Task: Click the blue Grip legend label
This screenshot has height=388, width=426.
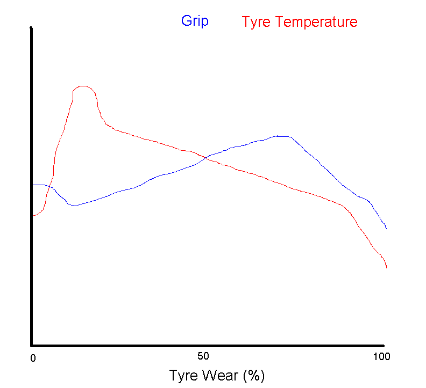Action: (x=195, y=21)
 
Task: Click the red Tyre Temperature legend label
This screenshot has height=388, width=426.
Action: (x=300, y=22)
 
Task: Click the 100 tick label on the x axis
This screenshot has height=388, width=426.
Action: (x=381, y=356)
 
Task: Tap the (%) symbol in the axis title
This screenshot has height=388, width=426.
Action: (x=253, y=375)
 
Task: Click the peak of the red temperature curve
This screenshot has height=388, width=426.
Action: (x=83, y=86)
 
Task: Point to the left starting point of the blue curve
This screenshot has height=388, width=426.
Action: (x=33, y=185)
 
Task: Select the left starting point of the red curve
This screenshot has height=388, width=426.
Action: (x=33, y=215)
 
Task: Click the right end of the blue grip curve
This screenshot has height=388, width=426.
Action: (x=386, y=229)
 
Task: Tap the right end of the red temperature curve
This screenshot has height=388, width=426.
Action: (x=386, y=267)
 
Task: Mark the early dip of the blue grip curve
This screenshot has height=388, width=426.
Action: (x=74, y=206)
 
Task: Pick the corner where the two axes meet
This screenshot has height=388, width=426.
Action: (x=32, y=345)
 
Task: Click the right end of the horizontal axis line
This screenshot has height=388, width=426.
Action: (x=384, y=345)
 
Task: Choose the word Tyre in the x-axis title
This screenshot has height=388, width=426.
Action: (x=183, y=375)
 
